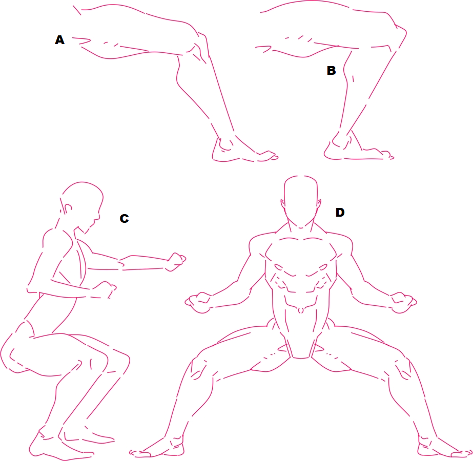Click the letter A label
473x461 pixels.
tap(60, 40)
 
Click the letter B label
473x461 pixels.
tap(331, 70)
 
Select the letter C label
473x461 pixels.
tap(125, 218)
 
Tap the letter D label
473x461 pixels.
tap(340, 212)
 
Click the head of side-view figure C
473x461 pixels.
tap(81, 202)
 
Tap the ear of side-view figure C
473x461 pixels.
tap(68, 208)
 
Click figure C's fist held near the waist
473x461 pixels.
tap(106, 289)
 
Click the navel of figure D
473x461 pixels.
tap(300, 310)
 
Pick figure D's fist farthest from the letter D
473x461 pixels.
tap(198, 302)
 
